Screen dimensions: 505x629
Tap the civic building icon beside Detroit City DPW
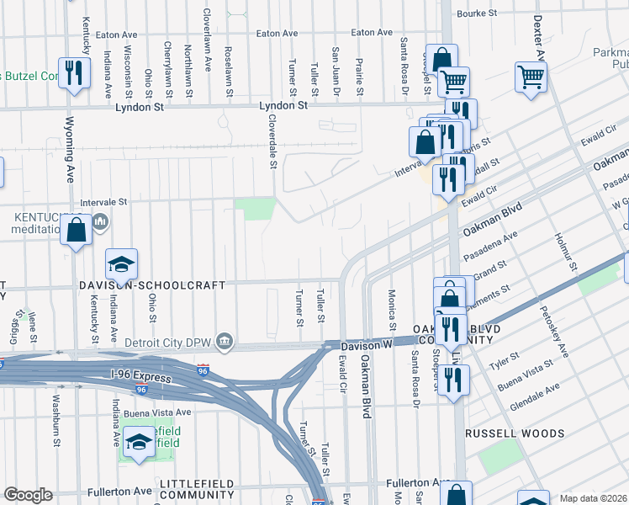[225, 340]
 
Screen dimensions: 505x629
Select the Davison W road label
[367, 345]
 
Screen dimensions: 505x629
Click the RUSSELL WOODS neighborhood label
[515, 433]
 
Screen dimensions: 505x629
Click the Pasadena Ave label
[505, 246]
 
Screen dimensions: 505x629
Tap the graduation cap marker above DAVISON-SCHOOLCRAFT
[122, 265]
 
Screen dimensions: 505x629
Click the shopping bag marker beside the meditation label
[77, 231]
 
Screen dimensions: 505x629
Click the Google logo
[28, 495]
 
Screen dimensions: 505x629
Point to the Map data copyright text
[594, 498]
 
